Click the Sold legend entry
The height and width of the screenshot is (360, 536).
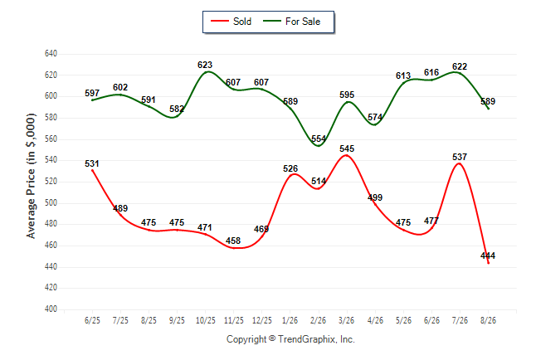coord(231,22)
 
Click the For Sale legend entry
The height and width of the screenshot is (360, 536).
coord(291,22)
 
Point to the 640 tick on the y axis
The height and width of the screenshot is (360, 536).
coord(51,54)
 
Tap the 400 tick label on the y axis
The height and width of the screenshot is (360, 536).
coord(51,309)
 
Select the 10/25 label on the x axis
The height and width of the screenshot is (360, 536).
coord(206,321)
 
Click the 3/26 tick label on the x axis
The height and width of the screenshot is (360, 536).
coord(347,321)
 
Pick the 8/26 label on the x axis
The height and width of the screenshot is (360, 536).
coord(488,321)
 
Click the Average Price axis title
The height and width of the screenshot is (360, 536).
coord(31,176)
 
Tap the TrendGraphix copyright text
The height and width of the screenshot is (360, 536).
coord(290,339)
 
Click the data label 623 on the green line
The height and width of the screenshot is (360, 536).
coord(205,65)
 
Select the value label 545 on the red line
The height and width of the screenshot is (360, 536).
coord(347,148)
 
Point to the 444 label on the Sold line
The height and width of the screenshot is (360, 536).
coord(488,255)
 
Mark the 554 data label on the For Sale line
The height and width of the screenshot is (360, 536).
coord(319,139)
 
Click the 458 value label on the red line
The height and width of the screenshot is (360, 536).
coord(233,241)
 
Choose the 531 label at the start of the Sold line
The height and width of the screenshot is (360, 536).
coord(92,163)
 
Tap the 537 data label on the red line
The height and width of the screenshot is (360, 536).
coord(460,157)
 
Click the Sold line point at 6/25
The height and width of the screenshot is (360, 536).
coord(92,170)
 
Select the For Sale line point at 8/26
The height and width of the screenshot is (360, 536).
coord(488,109)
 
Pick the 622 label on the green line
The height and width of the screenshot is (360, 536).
coord(460,66)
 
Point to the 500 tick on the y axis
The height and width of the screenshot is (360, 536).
coord(51,202)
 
